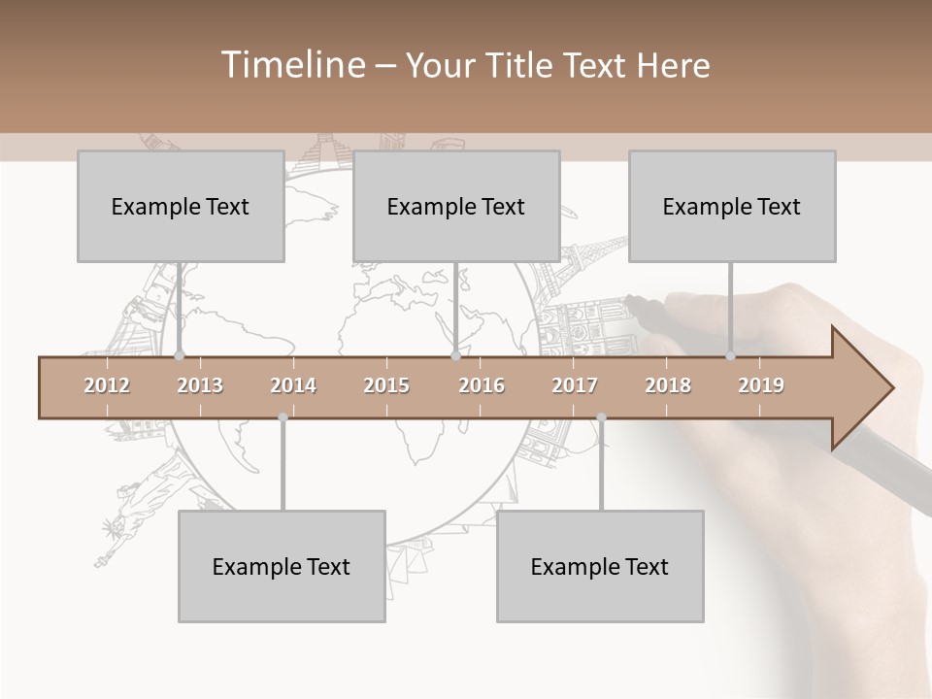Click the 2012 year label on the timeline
[x=107, y=385]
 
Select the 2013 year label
[x=200, y=385]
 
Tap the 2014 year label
[x=293, y=385]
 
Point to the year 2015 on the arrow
[x=386, y=385]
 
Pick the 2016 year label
[x=482, y=385]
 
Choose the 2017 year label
[x=575, y=385]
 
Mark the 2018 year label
[x=668, y=385]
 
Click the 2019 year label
[x=761, y=385]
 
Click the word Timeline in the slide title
[x=291, y=65]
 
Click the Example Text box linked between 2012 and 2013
[x=181, y=206]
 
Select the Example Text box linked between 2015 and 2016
[x=456, y=206]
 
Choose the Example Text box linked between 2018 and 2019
[x=732, y=206]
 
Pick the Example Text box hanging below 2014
[x=282, y=566]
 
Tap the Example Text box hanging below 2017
[x=600, y=566]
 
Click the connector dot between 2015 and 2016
[x=456, y=355]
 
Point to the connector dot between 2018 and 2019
[x=731, y=355]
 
